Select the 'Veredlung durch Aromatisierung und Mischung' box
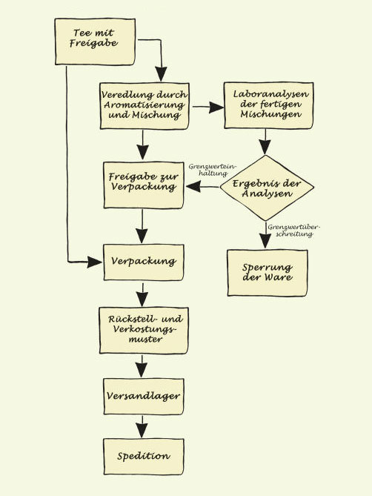tap(145, 107)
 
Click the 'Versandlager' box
tap(143, 395)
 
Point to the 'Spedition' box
tap(143, 456)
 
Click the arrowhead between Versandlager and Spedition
tap(143, 431)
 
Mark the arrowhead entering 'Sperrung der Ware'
tap(265, 241)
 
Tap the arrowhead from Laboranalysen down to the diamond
tap(265, 146)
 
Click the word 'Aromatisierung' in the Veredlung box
tap(145, 107)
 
